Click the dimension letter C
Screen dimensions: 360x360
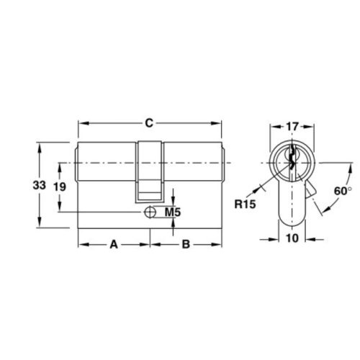[148, 123]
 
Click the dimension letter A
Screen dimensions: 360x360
[113, 245]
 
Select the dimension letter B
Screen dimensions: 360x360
[185, 245]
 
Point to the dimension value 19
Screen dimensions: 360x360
[60, 186]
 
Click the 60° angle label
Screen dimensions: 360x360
[343, 192]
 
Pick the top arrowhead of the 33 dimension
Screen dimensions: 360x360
[40, 148]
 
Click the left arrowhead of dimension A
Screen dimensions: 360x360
[81, 245]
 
